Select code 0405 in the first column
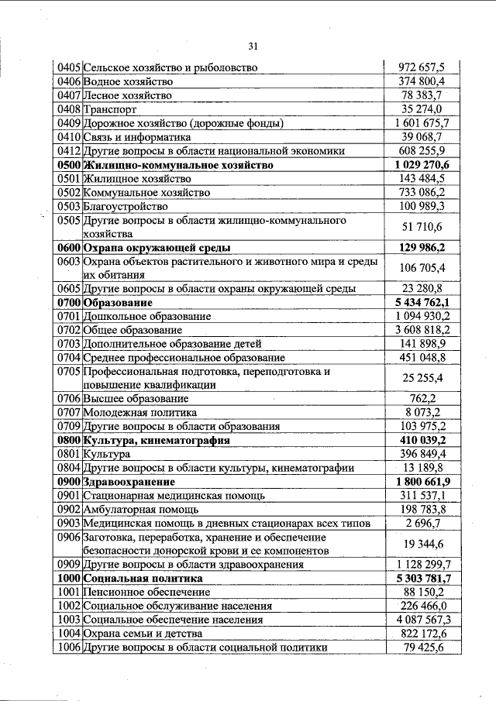tap(69, 67)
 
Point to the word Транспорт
tap(109, 109)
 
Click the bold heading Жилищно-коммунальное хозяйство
tap(177, 165)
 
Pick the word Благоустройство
tap(126, 207)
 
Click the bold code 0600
tap(69, 248)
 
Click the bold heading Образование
tap(118, 302)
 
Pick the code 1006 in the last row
tap(69, 648)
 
